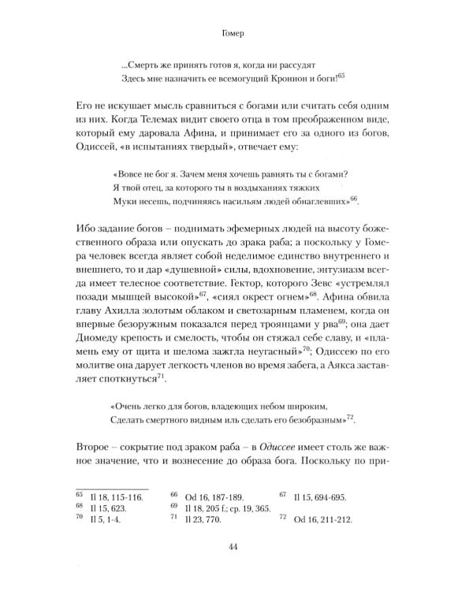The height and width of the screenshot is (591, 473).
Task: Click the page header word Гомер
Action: pos(236,34)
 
